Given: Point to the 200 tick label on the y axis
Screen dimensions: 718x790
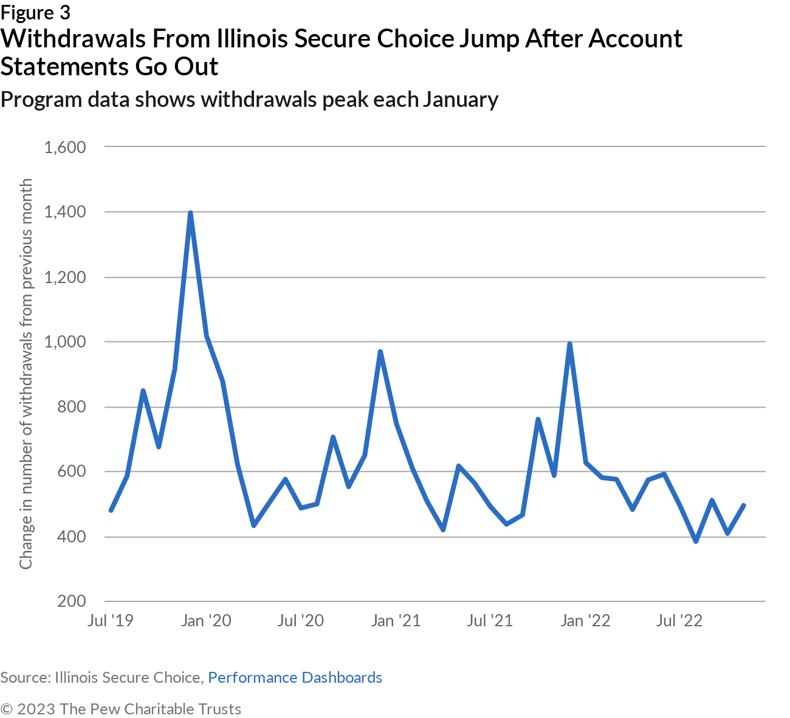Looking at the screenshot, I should pos(72,601).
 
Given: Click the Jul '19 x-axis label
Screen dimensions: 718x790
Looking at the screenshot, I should pos(110,620).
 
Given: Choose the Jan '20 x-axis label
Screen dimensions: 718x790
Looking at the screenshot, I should pos(207,620).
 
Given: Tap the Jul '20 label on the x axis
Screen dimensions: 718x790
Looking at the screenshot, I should pos(301,620).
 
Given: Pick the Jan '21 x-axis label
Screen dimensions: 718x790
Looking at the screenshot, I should pos(396,620).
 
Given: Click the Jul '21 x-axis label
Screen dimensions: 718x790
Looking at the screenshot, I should pos(490,620).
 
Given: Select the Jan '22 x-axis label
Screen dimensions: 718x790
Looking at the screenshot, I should pos(585,620).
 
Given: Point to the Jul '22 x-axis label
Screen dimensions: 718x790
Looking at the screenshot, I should pos(679,620).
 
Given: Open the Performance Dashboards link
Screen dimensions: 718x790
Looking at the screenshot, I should pos(295,677).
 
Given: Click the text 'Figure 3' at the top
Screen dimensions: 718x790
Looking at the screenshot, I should pos(35,12).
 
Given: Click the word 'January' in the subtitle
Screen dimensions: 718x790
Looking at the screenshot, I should pos(461,99).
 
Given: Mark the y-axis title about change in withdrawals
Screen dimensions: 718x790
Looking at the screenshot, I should pos(26,374).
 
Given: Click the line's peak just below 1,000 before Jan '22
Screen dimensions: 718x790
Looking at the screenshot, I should pos(570,344).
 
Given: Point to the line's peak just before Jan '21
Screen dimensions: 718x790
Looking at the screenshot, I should pos(380,352).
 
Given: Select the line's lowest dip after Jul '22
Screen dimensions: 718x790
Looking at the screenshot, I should pos(696,541).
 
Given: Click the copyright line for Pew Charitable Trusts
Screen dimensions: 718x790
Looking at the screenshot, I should pos(121,709).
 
